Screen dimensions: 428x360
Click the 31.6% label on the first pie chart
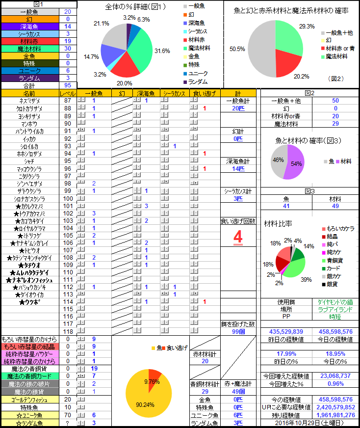tap(162, 51)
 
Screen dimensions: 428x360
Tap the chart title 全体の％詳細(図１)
tap(135, 7)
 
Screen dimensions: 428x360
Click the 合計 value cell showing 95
tap(67, 85)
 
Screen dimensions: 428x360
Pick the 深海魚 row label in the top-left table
tap(29, 26)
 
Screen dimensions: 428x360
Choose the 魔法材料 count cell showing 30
tap(67, 48)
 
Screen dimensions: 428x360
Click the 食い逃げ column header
tap(205, 93)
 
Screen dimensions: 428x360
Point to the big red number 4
tap(238, 238)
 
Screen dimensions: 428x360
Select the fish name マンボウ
tap(29, 123)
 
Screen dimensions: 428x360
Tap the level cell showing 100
tap(67, 198)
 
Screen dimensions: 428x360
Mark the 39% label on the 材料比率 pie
tap(306, 279)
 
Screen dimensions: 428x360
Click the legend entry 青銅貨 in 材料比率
tap(335, 260)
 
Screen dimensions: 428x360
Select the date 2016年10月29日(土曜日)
tap(309, 423)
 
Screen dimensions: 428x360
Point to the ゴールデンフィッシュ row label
tap(29, 399)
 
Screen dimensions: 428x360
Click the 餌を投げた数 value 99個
tap(238, 332)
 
